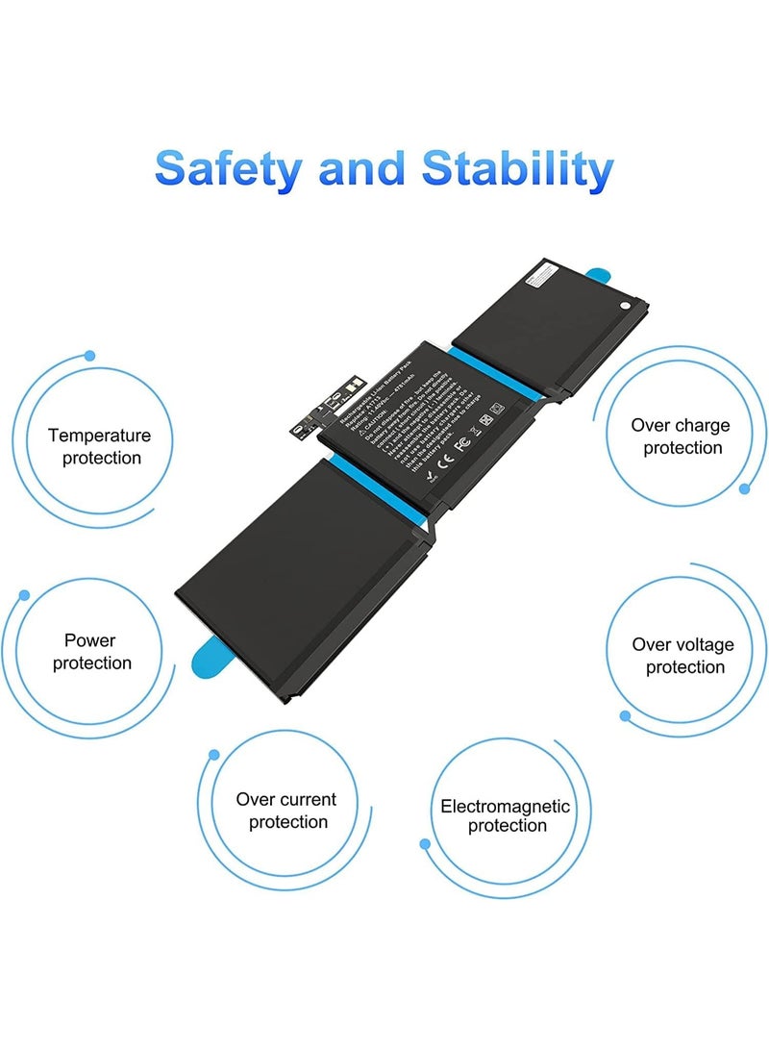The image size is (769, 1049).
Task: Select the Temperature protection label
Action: tap(100, 447)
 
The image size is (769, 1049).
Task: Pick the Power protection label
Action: tap(91, 651)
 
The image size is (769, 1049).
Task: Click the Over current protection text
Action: tap(286, 811)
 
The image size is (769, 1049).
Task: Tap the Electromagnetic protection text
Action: tap(506, 816)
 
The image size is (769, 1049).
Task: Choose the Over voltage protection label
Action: tap(683, 656)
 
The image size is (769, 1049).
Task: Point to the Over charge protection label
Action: tap(681, 437)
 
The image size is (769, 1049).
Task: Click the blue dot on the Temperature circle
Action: tap(89, 356)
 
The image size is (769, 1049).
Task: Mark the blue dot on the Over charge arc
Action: tap(744, 489)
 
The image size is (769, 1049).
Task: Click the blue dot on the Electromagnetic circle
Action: tap(425, 844)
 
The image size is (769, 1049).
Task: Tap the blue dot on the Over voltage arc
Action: tap(625, 716)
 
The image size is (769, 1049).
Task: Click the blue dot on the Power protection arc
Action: tap(24, 595)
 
